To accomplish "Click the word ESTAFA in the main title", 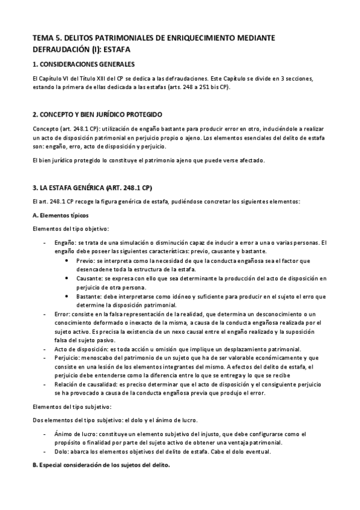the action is click(114, 49).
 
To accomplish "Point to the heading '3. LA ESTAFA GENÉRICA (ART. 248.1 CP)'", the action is click(92, 186).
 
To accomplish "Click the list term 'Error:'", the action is click(61, 314).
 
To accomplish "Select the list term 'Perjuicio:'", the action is click(67, 358).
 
